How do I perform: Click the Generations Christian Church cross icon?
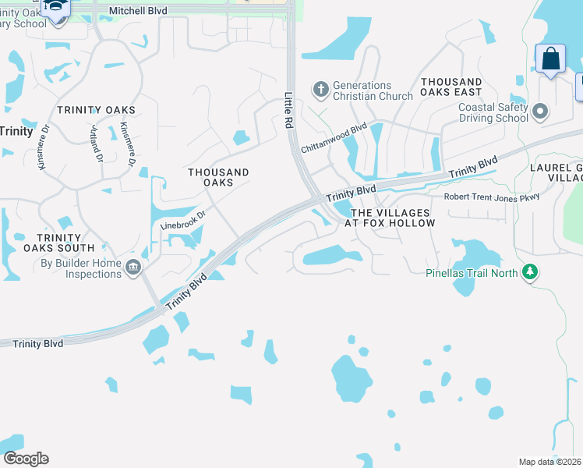pyautogui.click(x=320, y=90)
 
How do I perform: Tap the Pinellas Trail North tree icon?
pyautogui.click(x=531, y=272)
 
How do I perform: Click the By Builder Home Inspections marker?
pyautogui.click(x=132, y=268)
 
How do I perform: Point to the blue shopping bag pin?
pyautogui.click(x=550, y=59)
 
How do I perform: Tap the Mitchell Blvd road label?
pyautogui.click(x=138, y=11)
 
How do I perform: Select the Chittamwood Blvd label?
pyautogui.click(x=334, y=138)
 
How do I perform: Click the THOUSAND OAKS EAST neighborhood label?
pyautogui.click(x=451, y=87)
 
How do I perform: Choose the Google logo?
pyautogui.click(x=26, y=459)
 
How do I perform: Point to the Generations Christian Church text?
pyautogui.click(x=373, y=90)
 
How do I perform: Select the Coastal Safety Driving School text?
pyautogui.click(x=493, y=112)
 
